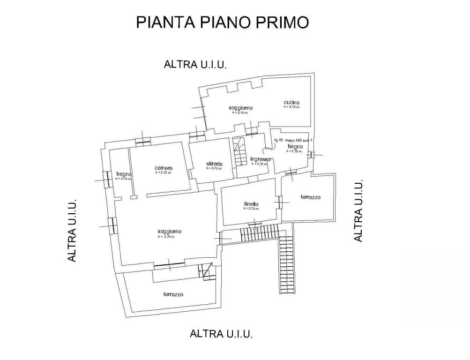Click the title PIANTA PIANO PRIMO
click(x=222, y=22)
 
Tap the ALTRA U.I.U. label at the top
click(x=195, y=65)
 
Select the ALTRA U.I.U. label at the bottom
click(x=221, y=334)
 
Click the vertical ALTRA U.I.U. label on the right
click(x=358, y=211)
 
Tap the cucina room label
click(x=291, y=103)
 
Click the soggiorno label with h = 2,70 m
click(x=169, y=232)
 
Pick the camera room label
click(x=164, y=168)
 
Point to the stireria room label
click(x=213, y=164)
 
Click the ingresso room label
click(x=260, y=159)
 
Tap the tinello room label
click(x=251, y=204)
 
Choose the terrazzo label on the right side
click(x=310, y=198)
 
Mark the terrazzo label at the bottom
click(x=173, y=295)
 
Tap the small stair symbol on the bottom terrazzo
click(x=204, y=271)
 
